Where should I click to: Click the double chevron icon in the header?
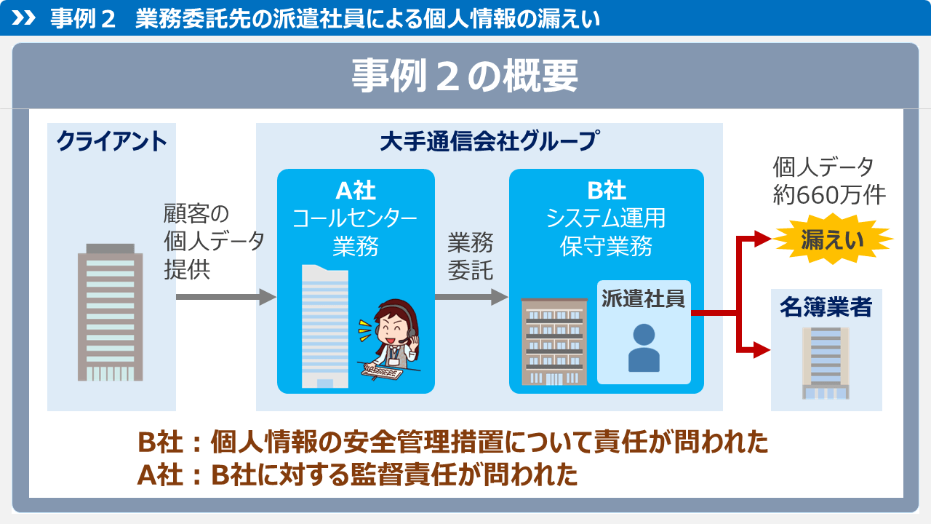23,18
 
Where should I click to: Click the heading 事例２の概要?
465,76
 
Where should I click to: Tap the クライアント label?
111,141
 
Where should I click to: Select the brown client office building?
110,312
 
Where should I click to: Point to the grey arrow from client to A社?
226,297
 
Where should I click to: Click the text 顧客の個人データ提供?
214,242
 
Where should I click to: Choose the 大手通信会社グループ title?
490,140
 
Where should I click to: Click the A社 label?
356,191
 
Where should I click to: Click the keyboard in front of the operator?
382,372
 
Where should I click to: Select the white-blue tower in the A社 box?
324,327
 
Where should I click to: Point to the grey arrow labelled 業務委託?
472,297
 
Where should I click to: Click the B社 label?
607,191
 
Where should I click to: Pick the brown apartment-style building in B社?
554,341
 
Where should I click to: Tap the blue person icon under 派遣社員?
644,348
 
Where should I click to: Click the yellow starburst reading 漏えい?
833,239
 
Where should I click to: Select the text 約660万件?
829,195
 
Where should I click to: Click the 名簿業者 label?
826,307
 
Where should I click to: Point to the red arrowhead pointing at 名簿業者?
762,350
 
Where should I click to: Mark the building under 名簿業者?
826,363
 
